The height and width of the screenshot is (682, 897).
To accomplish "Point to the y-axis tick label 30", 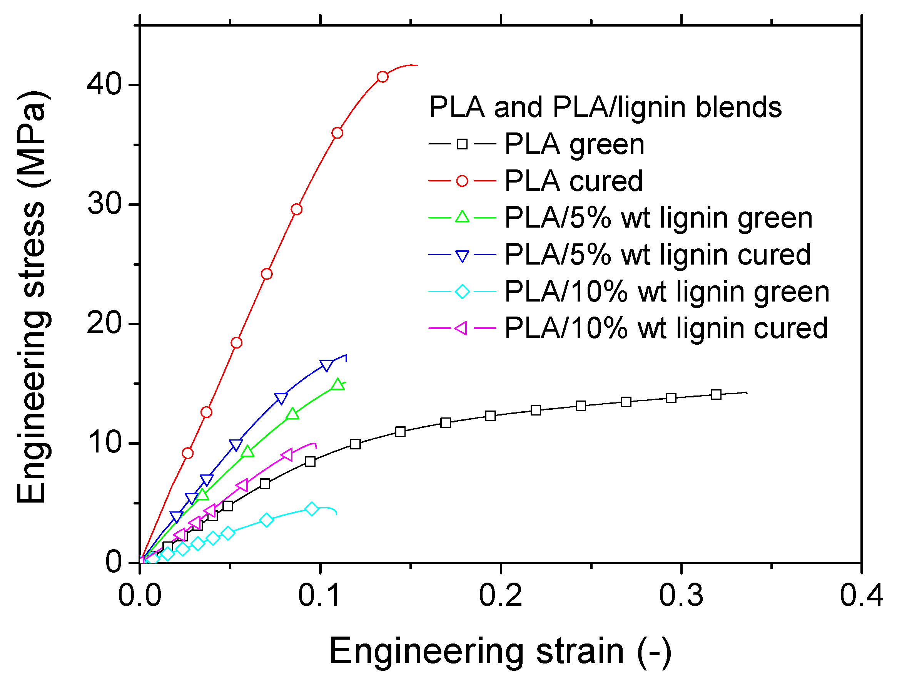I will click(x=104, y=204).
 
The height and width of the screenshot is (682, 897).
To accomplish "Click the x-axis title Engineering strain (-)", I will click(x=500, y=652).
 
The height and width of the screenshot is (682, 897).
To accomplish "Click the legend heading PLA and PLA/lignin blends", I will click(x=605, y=107).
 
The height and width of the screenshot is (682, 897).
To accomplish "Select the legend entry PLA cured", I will click(x=573, y=181).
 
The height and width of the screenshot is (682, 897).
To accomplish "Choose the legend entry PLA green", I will click(x=574, y=144).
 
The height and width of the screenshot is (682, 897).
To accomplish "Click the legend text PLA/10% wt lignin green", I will click(x=666, y=292).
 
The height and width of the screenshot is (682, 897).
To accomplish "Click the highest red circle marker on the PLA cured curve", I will click(x=382, y=77).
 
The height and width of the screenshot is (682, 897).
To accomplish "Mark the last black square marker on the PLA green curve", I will click(x=716, y=395).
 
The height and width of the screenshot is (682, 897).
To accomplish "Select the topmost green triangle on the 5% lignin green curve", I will click(x=337, y=384).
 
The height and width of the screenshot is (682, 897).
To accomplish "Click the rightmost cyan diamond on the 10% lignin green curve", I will click(x=312, y=509).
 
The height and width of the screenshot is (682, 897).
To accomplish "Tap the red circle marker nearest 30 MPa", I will click(x=297, y=209).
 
